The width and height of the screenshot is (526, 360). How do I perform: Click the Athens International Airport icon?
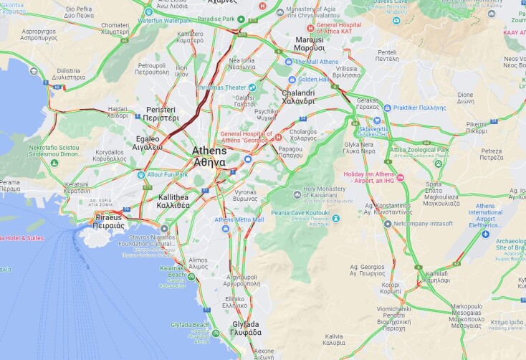tap(486, 234)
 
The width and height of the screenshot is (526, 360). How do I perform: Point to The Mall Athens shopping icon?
tap(291, 61)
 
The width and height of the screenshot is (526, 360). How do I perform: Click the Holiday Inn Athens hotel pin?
tap(401, 178)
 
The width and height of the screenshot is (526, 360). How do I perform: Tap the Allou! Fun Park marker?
tap(141, 174)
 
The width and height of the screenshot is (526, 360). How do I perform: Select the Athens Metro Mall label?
tap(239, 219)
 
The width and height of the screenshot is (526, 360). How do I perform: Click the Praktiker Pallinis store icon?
tap(387, 108)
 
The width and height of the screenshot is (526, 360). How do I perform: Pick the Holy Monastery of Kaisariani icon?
tap(297, 194)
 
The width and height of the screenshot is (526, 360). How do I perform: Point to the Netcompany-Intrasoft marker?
tap(388, 224)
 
